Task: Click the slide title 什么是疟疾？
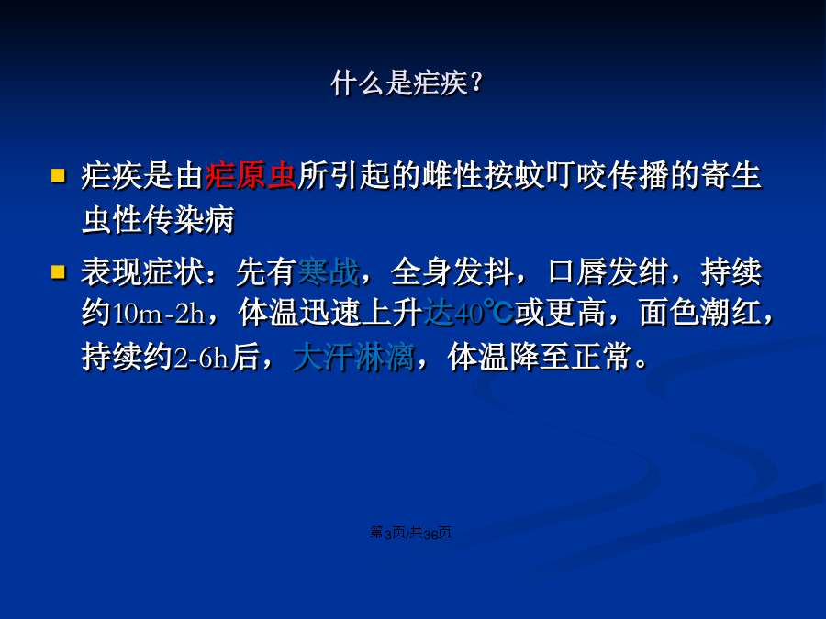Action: click(407, 83)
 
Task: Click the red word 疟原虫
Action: click(251, 175)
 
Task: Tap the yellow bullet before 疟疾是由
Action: click(58, 175)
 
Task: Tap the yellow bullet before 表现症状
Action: click(58, 271)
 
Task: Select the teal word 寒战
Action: click(329, 272)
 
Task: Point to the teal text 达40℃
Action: click(469, 313)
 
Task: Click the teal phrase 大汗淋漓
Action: click(353, 358)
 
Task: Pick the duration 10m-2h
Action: click(159, 314)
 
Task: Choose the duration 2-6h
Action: click(201, 359)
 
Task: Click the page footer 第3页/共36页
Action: click(410, 533)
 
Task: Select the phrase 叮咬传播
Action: click(607, 175)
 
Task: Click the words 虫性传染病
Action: click(158, 220)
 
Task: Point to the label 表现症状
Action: click(142, 272)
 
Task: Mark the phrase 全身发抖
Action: click(452, 272)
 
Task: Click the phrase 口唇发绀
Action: click(608, 272)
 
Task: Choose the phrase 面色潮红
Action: click(700, 313)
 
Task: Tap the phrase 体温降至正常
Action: click(539, 358)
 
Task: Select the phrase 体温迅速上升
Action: click(329, 313)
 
